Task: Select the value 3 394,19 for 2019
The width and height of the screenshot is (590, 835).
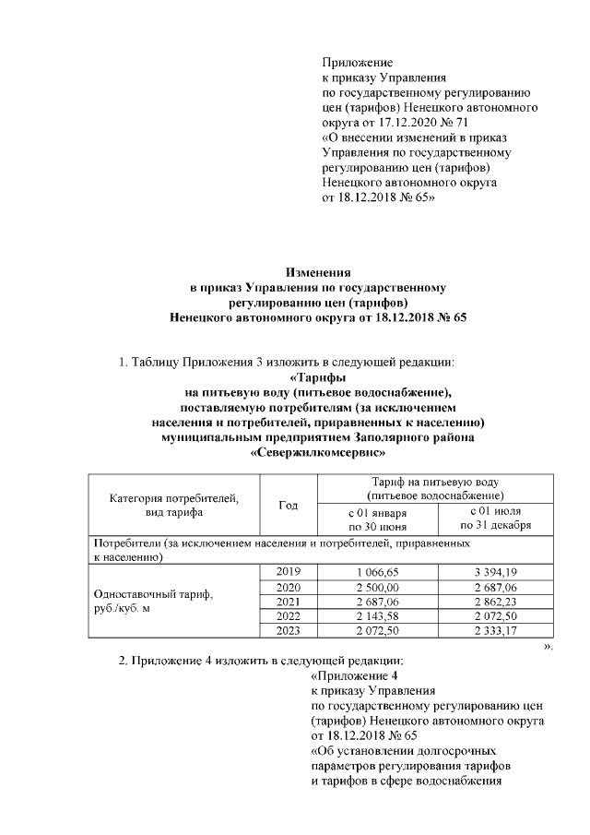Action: click(498, 572)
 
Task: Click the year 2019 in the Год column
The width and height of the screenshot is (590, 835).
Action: click(289, 572)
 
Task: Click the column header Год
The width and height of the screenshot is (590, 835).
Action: click(289, 505)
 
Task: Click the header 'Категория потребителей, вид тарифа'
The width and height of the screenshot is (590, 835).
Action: click(174, 505)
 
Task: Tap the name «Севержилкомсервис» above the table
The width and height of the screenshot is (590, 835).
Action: click(318, 453)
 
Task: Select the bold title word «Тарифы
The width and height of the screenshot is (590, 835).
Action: click(318, 378)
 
